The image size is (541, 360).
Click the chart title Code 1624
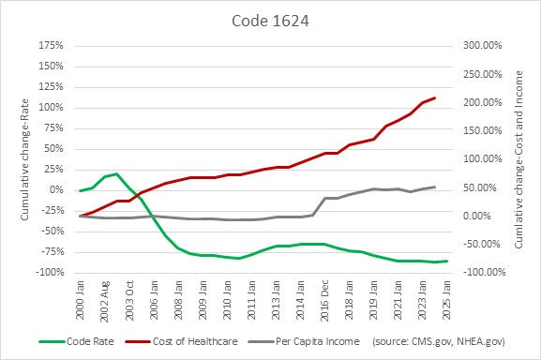coord(270,18)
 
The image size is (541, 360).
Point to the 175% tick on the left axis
coord(51,46)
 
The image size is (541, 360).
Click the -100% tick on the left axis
coord(49,273)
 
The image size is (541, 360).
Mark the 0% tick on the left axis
coord(56,190)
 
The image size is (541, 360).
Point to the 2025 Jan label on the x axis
coord(446,298)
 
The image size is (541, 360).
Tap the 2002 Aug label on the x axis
coord(104,298)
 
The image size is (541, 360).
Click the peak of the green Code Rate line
coord(116,173)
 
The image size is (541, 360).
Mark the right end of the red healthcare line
coord(434,97)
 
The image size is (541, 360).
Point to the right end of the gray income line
coord(434,187)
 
